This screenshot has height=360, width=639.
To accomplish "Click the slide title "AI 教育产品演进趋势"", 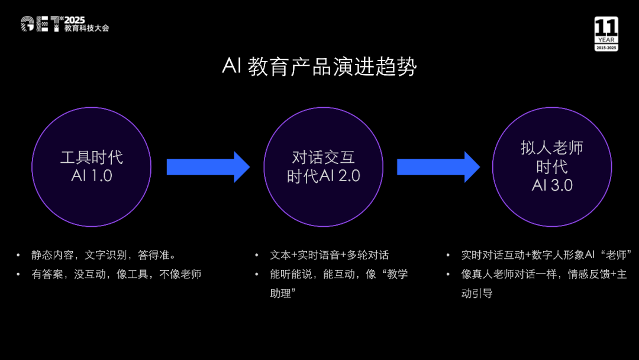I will (x=319, y=66).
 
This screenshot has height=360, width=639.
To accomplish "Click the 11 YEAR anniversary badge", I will (x=606, y=34).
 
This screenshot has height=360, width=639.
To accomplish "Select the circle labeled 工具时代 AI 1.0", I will (x=91, y=167).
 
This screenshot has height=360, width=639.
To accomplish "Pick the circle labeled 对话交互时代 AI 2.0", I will (x=323, y=167).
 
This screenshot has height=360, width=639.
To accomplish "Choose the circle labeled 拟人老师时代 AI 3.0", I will (x=551, y=167).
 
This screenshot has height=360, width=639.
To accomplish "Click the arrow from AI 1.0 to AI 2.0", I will (x=208, y=167).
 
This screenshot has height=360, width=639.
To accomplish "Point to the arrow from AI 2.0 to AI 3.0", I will (x=438, y=167).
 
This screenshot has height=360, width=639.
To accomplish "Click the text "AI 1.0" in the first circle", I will (x=91, y=176).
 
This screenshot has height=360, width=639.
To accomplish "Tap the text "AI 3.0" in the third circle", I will (x=551, y=185).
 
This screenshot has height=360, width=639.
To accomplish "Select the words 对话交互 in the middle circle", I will (x=323, y=157).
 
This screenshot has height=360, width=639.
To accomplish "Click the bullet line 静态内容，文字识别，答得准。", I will (x=104, y=255).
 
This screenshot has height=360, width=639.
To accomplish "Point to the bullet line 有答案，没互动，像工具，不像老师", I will (x=116, y=274).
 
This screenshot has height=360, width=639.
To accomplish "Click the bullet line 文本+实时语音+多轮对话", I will (x=329, y=255).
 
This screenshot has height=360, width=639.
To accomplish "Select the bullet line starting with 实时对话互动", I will (x=547, y=255).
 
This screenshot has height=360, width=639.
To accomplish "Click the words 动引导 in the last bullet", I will (x=477, y=293).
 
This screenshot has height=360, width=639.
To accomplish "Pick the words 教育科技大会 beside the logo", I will (x=87, y=28).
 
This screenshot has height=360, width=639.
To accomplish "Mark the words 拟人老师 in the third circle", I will (x=551, y=148).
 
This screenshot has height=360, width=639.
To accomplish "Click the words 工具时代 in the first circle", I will (x=91, y=157).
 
